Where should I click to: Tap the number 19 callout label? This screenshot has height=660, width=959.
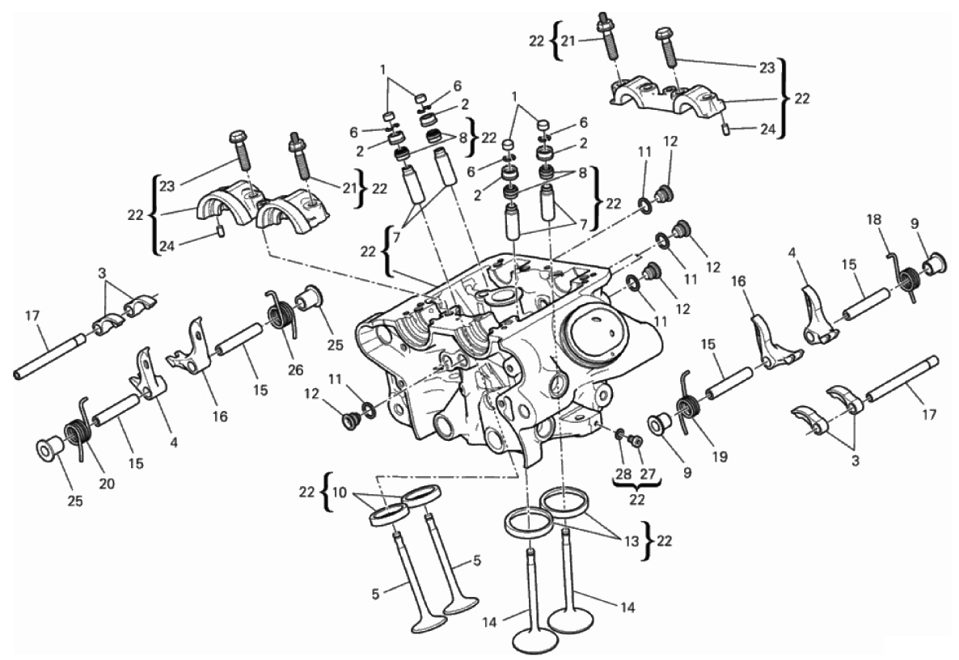click(720, 455)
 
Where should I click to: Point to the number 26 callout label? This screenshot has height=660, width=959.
click(295, 370)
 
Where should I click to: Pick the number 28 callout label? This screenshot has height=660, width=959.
click(624, 474)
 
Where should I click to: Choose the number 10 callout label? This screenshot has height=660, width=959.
click(340, 491)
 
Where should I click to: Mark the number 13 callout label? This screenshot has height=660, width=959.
click(632, 541)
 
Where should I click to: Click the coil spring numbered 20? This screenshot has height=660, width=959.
click(77, 428)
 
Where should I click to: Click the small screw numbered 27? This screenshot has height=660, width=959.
click(635, 440)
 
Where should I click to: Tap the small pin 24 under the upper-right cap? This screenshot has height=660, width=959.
click(725, 129)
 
